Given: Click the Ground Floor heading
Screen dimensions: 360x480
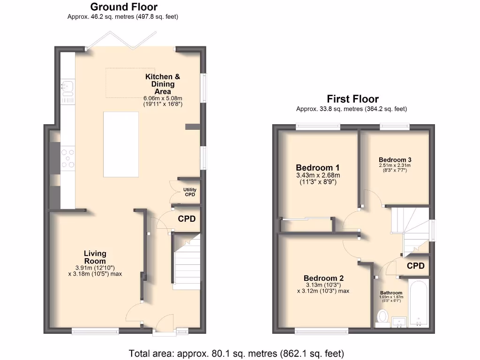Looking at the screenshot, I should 124,7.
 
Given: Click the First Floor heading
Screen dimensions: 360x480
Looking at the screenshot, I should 352,99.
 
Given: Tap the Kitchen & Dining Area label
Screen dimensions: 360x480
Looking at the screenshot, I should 163,84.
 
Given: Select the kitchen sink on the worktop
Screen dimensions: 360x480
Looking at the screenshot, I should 67,87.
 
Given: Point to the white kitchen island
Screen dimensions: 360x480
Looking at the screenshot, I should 121,144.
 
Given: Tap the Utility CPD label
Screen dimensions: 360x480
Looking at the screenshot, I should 190,192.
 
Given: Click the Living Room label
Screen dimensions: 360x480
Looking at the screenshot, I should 95,257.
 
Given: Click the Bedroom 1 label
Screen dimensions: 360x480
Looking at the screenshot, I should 317,168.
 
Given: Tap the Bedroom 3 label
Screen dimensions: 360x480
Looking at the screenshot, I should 395,159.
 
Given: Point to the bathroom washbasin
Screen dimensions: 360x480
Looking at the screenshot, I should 399,321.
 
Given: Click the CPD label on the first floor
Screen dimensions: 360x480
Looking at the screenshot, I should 415,266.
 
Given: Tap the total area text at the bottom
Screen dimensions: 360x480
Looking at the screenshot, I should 237,353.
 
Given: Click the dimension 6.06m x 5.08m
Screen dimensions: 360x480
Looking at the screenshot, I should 163,99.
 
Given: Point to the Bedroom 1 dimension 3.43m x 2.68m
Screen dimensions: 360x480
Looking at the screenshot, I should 317,175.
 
